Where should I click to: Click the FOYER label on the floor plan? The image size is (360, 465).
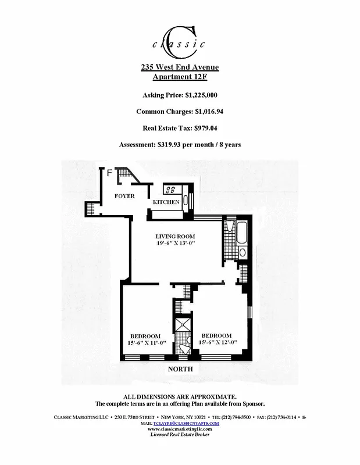point(124,196)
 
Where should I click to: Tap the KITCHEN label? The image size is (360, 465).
point(166,202)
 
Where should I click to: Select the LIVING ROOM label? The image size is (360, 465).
point(174,236)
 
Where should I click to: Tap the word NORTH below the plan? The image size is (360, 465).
point(180,369)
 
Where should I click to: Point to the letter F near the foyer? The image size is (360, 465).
point(109,172)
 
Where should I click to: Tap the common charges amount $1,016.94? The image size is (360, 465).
point(202,111)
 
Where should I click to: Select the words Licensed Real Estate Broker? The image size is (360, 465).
point(180,435)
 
